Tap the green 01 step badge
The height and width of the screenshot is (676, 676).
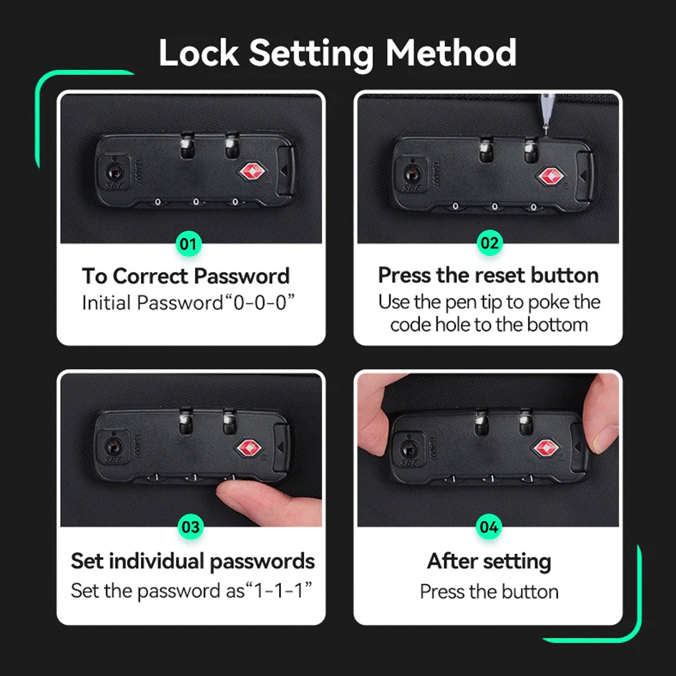(x=189, y=244)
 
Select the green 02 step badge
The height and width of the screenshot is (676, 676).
(x=490, y=243)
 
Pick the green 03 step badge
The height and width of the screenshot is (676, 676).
(x=190, y=527)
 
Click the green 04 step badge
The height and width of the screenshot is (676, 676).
(x=488, y=527)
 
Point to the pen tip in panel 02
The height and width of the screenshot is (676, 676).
(x=546, y=132)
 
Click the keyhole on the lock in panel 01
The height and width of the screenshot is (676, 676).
(x=114, y=172)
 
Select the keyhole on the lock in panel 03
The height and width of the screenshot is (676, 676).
(x=113, y=447)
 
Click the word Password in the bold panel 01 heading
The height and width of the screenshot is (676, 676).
(x=242, y=277)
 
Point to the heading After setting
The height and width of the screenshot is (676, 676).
(x=489, y=562)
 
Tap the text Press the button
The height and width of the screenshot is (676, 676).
(x=489, y=592)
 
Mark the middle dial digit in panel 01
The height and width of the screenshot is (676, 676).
(x=196, y=202)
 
